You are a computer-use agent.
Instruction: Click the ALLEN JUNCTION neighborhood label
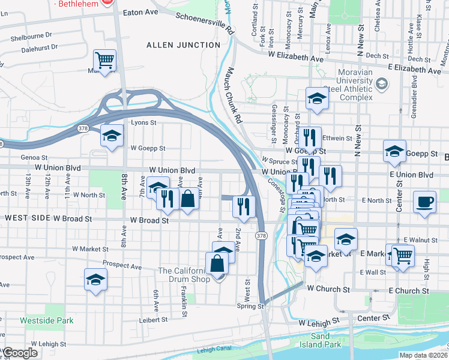[x=183, y=45]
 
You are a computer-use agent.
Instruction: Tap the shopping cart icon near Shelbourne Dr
[x=105, y=61]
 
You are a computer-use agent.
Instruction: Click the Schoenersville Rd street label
[x=204, y=22]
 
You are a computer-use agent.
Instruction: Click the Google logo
[x=20, y=352]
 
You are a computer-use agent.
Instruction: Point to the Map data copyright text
[x=423, y=355]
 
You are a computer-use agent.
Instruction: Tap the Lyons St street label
[x=144, y=122]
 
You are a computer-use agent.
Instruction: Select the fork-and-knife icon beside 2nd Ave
[x=244, y=206]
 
